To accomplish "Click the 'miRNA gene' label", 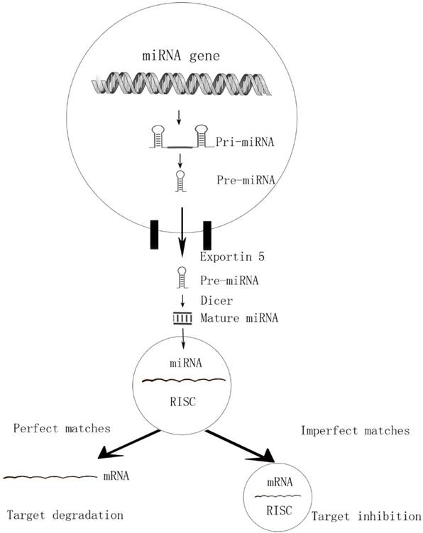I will click(177, 55).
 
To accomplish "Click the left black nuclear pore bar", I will click(154, 235).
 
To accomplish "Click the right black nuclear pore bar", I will click(207, 235).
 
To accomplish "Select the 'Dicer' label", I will click(213, 300).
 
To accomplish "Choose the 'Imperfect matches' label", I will click(354, 430).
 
